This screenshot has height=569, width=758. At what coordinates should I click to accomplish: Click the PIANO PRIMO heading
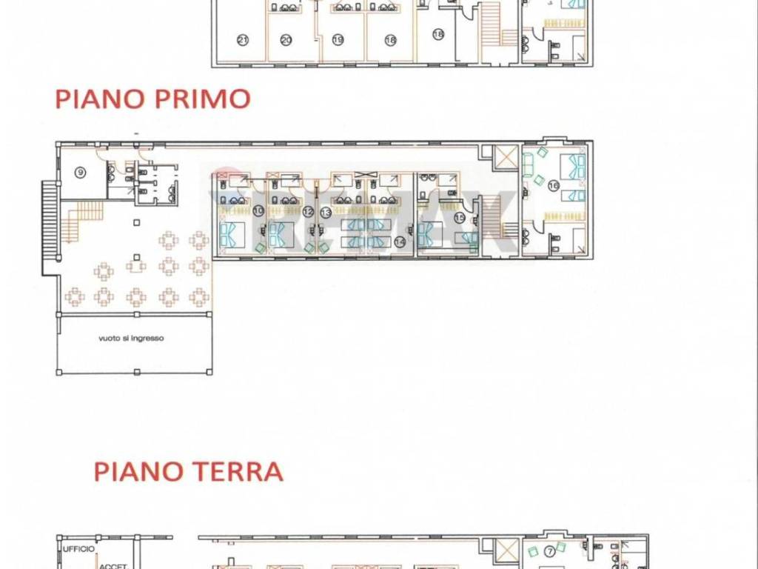tap(152, 99)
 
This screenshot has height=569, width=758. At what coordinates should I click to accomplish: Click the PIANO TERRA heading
tap(188, 472)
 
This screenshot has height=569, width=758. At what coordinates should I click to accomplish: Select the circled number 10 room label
tap(258, 211)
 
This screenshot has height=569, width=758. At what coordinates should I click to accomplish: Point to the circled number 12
tap(307, 212)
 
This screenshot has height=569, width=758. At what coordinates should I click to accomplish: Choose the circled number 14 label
tap(400, 241)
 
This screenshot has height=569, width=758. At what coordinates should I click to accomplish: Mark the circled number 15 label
tap(460, 217)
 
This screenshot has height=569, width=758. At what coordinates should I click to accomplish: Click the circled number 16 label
tap(553, 186)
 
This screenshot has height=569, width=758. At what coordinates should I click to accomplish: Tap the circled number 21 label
tap(241, 39)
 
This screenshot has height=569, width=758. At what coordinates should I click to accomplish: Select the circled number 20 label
tap(286, 39)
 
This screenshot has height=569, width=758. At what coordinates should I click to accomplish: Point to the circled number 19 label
tap(338, 39)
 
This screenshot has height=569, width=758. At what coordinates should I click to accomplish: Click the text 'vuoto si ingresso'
tap(131, 339)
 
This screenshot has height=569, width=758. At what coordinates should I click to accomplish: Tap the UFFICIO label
tap(78, 549)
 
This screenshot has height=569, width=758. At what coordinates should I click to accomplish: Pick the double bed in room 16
tap(572, 166)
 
